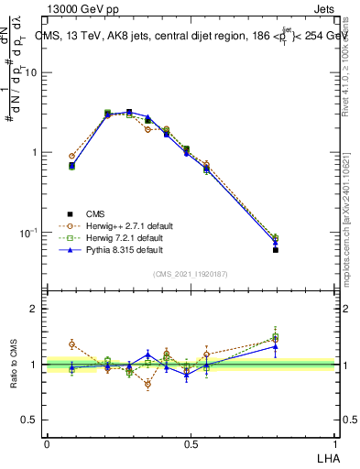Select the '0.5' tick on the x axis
pos(191,444)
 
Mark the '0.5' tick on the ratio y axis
pos(30,420)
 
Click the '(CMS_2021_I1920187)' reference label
pos(191,273)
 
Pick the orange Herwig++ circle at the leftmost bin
pos(72,157)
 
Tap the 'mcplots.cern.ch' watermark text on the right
pos(346,229)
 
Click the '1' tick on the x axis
pos(334,444)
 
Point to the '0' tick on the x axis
pos(47,444)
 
